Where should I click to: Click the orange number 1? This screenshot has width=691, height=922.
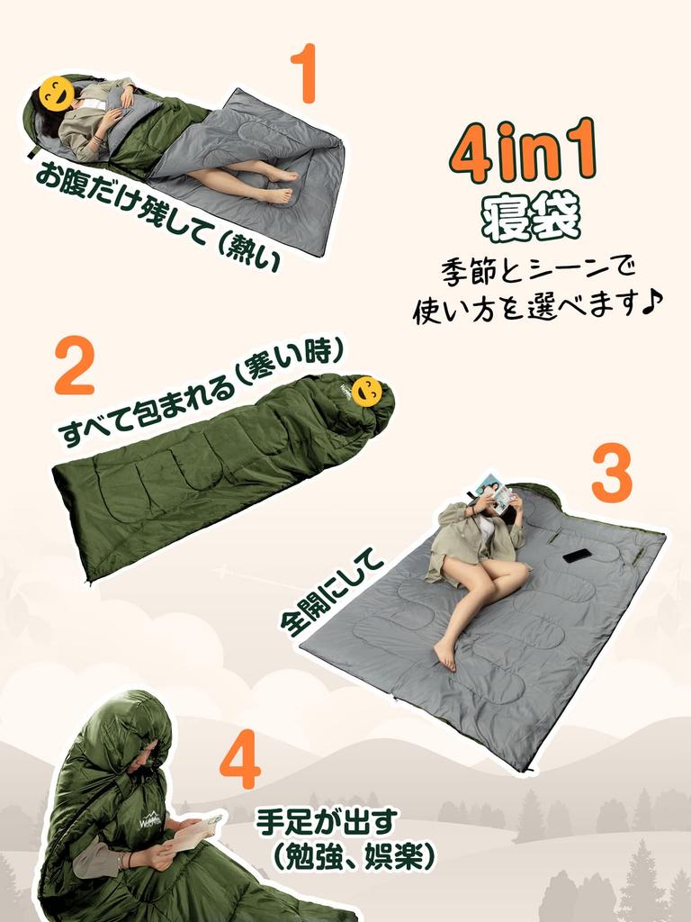[304, 74]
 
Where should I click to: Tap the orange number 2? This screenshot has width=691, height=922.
[74, 366]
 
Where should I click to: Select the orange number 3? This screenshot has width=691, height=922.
[611, 474]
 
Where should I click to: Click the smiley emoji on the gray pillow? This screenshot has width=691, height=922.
[56, 94]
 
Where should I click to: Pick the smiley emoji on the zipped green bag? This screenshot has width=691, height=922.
[367, 391]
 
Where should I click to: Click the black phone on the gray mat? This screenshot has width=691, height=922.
[578, 555]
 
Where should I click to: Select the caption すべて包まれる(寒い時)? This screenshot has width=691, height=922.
[202, 393]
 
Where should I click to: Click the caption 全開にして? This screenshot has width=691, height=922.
[332, 595]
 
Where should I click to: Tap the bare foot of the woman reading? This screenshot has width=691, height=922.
[444, 654]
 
